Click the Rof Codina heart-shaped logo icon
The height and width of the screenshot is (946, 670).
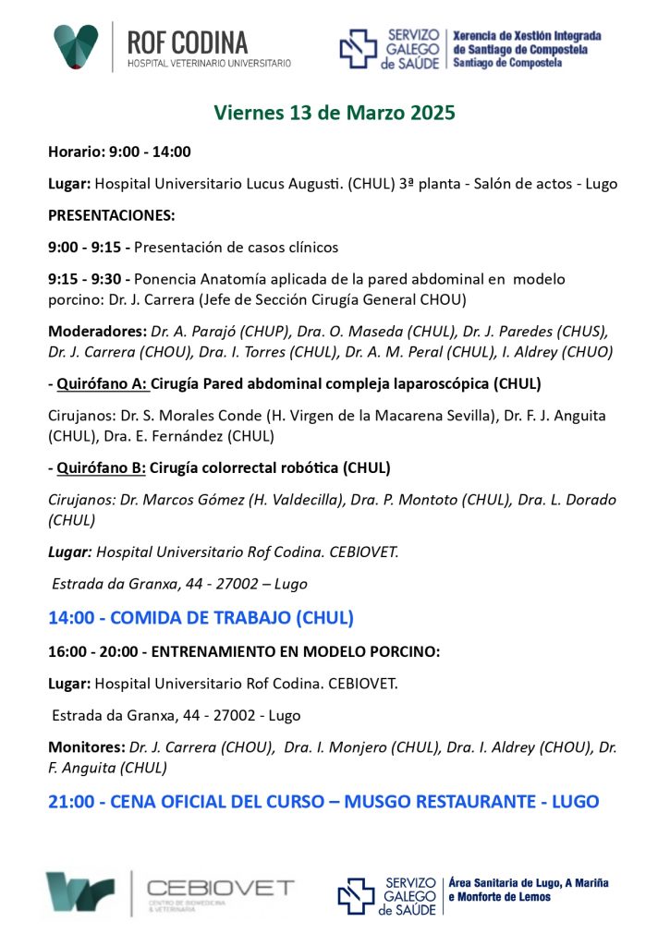(x=76, y=46)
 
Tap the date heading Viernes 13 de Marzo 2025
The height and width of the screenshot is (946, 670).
(x=335, y=114)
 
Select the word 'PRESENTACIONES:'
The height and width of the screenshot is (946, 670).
(x=111, y=215)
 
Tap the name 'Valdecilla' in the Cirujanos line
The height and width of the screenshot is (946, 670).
(x=383, y=500)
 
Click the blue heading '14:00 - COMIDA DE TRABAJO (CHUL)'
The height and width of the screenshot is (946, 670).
(x=201, y=618)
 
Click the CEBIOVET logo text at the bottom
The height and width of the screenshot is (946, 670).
(x=221, y=889)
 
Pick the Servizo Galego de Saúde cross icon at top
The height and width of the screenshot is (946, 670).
(x=358, y=49)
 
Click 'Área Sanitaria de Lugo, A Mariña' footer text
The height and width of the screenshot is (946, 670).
(x=528, y=883)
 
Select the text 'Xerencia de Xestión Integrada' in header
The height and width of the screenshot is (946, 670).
(x=527, y=36)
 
